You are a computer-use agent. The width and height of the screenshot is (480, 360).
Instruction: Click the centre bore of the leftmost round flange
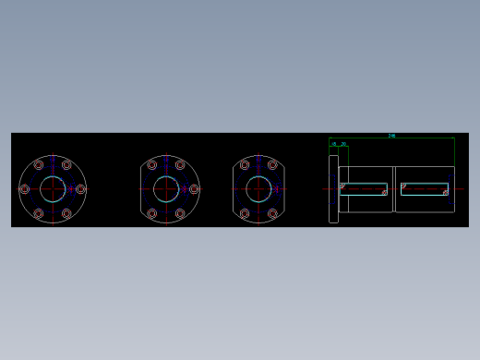pyautogui.click(x=53, y=189)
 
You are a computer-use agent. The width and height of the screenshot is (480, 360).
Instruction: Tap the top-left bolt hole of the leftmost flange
pyautogui.click(x=39, y=165)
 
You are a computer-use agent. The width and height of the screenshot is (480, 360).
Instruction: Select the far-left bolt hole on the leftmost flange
pyautogui.click(x=25, y=189)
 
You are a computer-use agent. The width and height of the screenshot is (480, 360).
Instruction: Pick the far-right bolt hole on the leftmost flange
pyautogui.click(x=80, y=189)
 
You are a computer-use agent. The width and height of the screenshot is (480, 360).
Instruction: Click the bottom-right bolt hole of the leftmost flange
pyautogui.click(x=66, y=213)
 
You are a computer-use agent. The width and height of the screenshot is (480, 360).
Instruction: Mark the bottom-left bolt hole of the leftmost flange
pyautogui.click(x=39, y=213)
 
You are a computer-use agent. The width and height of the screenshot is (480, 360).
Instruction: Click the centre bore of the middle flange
pyautogui.click(x=166, y=189)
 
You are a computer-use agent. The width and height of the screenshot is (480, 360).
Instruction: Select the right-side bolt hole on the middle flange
pyautogui.click(x=194, y=189)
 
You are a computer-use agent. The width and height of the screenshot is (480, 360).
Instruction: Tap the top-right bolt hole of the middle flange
pyautogui.click(x=180, y=165)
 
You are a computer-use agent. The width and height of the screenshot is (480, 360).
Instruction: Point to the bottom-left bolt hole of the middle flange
pyautogui.click(x=152, y=213)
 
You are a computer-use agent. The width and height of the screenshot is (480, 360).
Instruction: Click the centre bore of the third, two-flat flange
pyautogui.click(x=258, y=189)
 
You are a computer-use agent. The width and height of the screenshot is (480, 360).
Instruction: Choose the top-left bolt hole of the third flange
pyautogui.click(x=245, y=165)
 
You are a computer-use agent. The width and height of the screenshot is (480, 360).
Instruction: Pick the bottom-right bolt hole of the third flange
pyautogui.click(x=272, y=213)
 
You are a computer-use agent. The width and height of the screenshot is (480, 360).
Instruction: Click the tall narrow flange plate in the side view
pyautogui.click(x=333, y=189)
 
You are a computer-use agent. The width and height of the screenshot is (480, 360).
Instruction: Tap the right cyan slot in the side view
pyautogui.click(x=425, y=189)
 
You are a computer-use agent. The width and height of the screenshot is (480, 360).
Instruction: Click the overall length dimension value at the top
pyautogui.click(x=391, y=136)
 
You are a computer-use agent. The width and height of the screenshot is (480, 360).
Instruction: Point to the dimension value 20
pyautogui.click(x=343, y=144)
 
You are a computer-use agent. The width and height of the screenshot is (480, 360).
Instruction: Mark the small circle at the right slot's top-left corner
pyautogui.click(x=403, y=186)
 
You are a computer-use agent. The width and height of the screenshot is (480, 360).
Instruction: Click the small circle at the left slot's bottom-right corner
pyautogui.click(x=385, y=193)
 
